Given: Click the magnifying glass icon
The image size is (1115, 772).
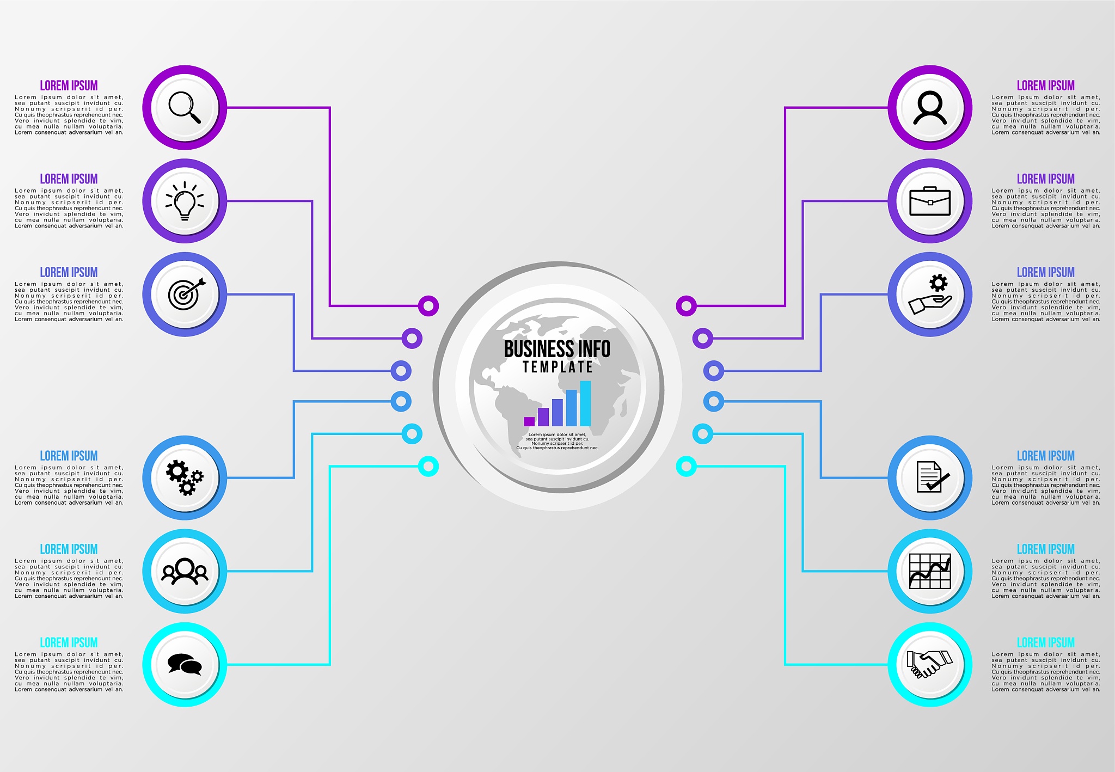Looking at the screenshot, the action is [x=185, y=107].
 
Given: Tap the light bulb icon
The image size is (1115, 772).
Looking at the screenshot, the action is [x=185, y=201].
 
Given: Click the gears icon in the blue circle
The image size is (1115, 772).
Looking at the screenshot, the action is [x=185, y=477].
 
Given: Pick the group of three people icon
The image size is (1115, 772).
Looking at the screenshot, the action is [x=185, y=571].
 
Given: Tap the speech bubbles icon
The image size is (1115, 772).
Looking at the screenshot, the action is [x=185, y=664].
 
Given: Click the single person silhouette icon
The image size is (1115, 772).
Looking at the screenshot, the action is [x=930, y=107].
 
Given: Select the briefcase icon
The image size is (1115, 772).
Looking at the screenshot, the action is [x=930, y=201].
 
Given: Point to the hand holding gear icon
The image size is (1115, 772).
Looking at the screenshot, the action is [x=930, y=294].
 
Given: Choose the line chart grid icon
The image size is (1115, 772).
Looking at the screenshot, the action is [x=930, y=571].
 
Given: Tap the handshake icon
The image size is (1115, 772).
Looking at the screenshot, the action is [x=930, y=664].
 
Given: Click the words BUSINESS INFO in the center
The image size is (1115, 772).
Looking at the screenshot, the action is [x=557, y=349].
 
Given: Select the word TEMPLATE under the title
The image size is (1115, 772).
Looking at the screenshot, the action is [x=557, y=367].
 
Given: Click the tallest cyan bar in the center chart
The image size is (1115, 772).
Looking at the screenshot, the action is [x=585, y=403].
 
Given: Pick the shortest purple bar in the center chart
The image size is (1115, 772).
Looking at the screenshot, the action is [x=529, y=421].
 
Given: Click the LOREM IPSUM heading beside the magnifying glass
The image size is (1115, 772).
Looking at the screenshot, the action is [x=69, y=85].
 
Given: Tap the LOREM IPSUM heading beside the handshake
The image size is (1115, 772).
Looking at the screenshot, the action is [x=1045, y=642].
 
